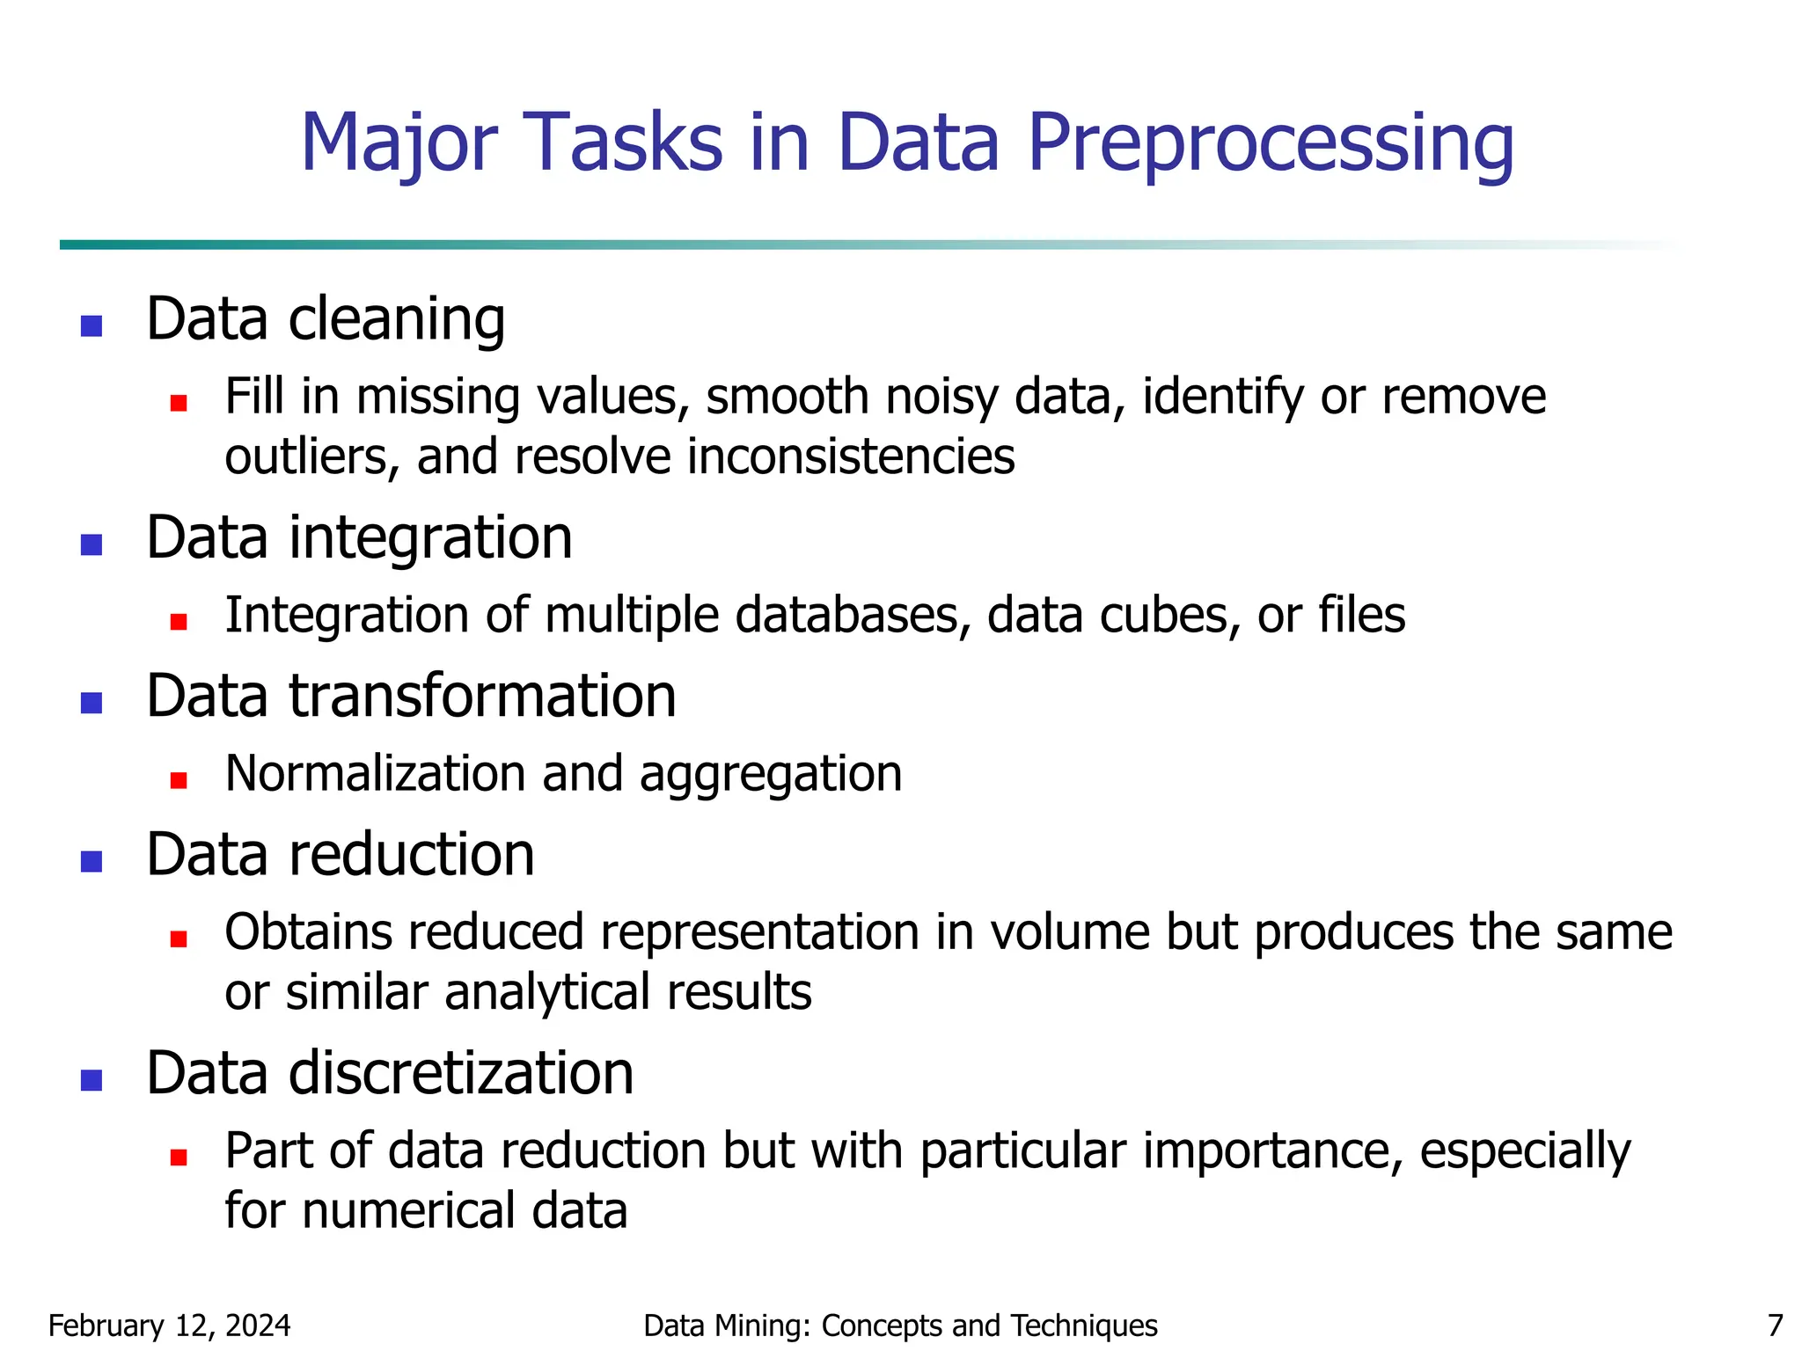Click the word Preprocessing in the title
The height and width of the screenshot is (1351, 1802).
coord(1270,143)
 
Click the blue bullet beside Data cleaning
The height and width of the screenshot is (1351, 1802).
coord(92,326)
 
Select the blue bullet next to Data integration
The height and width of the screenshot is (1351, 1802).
coord(92,545)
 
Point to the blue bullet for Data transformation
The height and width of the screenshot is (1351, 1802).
coord(92,703)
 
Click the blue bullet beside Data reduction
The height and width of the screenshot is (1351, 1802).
coord(92,861)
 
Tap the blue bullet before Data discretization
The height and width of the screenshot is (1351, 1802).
coord(92,1080)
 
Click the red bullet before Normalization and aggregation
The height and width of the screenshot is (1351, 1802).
coord(179,780)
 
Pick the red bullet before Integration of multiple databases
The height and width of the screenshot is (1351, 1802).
coord(179,622)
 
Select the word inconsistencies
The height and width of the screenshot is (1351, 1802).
coord(851,457)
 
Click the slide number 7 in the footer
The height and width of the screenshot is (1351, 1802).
coord(1776,1325)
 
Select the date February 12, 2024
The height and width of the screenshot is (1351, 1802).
coord(169,1325)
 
